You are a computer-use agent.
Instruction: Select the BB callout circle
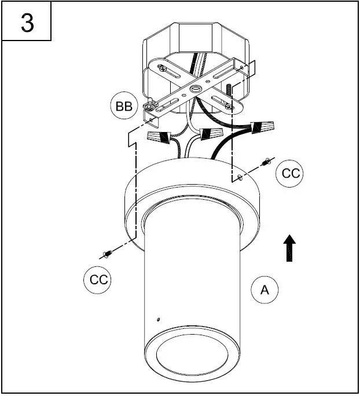coord(123,106)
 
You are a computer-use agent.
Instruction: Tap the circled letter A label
coord(265,290)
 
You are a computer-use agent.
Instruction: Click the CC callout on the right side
coord(289,173)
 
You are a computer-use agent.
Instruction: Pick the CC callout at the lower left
coord(96,280)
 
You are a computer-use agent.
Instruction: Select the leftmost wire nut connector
coord(161,138)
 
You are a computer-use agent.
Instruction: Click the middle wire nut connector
coord(210,135)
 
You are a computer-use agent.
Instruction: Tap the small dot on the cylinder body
coord(158,318)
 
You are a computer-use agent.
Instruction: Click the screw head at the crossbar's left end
coord(150,105)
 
